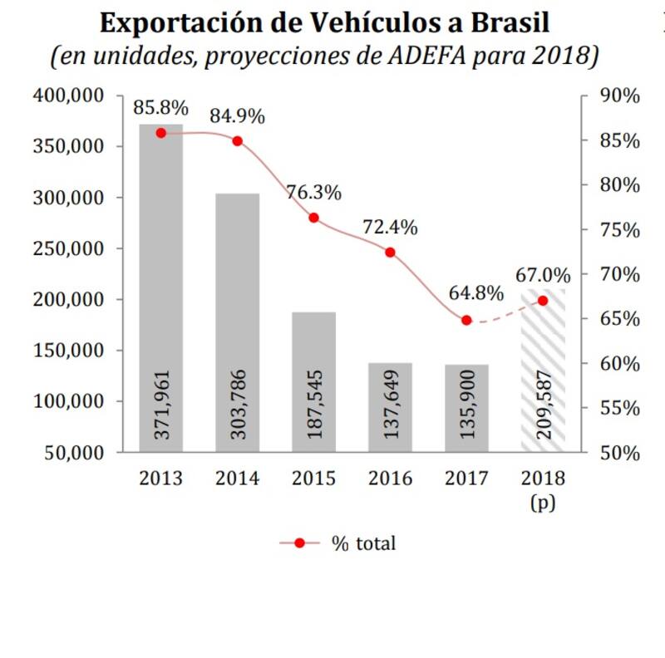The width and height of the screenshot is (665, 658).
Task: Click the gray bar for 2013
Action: pyautogui.click(x=160, y=282)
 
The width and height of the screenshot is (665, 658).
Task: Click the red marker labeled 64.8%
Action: pyautogui.click(x=466, y=320)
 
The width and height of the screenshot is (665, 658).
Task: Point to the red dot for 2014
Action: pyautogui.click(x=237, y=141)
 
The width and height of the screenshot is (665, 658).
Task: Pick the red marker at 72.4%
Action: pyautogui.click(x=390, y=252)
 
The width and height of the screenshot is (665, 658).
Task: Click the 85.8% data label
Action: pyautogui.click(x=160, y=108)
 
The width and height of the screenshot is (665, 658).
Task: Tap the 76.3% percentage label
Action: pyautogui.click(x=314, y=193)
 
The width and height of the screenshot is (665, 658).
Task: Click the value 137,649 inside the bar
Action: pyautogui.click(x=391, y=407)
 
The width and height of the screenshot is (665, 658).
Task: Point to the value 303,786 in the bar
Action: pyautogui.click(x=238, y=407)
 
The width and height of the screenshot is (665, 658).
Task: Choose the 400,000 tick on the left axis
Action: pyautogui.click(x=68, y=96)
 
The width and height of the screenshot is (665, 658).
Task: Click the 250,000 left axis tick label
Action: pyautogui.click(x=68, y=248)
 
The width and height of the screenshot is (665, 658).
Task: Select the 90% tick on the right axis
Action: pyautogui.click(x=619, y=96)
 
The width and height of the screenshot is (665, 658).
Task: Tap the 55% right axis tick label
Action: pyautogui.click(x=619, y=408)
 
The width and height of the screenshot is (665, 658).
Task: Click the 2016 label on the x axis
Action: pyautogui.click(x=390, y=479)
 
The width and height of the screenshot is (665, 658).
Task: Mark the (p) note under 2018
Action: pyautogui.click(x=543, y=503)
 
